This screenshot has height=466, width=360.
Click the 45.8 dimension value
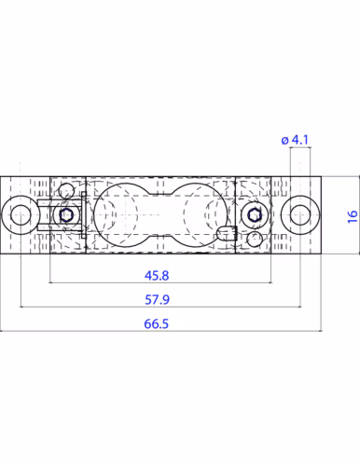(x=157, y=276)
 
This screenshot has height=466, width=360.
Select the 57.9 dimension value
(x=157, y=300)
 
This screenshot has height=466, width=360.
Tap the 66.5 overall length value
(x=157, y=324)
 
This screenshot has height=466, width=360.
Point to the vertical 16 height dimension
(x=353, y=216)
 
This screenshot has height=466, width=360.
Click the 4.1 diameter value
(x=300, y=140)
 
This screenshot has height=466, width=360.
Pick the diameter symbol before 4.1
(x=284, y=141)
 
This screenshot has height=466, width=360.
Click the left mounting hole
(x=21, y=214)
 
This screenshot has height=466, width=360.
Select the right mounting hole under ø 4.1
(x=300, y=214)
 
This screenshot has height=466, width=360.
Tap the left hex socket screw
(x=66, y=214)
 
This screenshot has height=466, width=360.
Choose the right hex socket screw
(x=255, y=214)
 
